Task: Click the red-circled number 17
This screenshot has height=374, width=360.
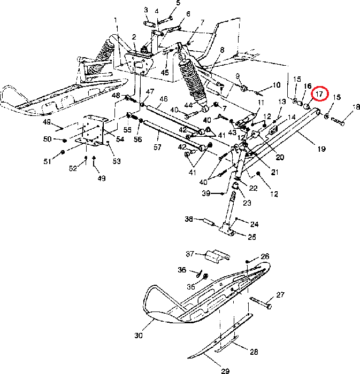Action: coord(320,94)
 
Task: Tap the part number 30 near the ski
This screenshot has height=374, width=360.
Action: coord(139,336)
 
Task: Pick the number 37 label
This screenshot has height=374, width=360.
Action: coord(189,253)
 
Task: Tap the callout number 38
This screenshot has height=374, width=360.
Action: coord(188,219)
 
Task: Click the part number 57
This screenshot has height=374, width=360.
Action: coord(158,146)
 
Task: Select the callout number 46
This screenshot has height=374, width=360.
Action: coord(163,99)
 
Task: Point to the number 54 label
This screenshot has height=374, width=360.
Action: coord(120,139)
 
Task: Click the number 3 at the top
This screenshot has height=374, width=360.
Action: coord(146,10)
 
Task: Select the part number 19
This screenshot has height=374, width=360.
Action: coord(321,150)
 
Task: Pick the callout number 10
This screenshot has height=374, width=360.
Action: coord(276,85)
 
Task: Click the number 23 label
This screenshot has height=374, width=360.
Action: coord(247,202)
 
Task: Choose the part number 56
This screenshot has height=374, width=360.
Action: coord(138,139)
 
